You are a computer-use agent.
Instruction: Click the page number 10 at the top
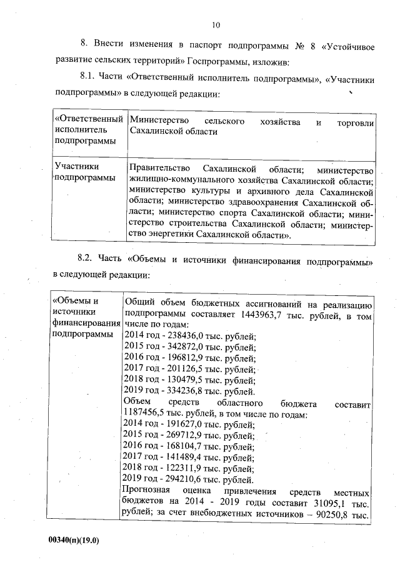pyautogui.click(x=216, y=25)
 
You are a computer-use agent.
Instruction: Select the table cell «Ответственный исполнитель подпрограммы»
pyautogui.click(x=87, y=130)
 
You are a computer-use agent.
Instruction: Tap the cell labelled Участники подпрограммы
pyautogui.click(x=85, y=172)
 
